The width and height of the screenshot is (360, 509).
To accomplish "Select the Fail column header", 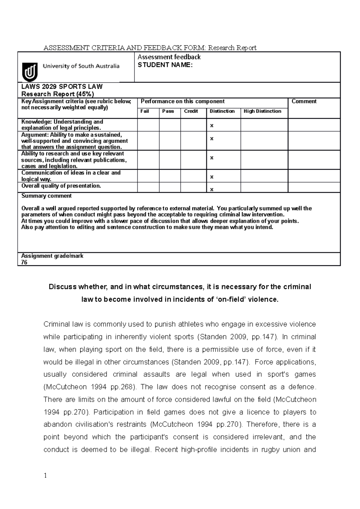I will pos(145,111).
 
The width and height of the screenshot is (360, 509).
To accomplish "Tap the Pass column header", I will pos(168,111).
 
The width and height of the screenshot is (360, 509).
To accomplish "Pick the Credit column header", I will pos(191,111).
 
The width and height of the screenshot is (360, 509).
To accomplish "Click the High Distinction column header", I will pos(262,111).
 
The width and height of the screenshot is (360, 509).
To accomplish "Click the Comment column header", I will pos(304,101).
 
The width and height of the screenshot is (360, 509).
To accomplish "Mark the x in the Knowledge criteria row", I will pos(212,126).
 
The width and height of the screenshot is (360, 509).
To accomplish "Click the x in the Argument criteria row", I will pos(212,138).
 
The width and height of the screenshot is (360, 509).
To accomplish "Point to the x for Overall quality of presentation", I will pos(212,189).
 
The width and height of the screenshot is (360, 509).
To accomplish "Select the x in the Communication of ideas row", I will pos(212,177).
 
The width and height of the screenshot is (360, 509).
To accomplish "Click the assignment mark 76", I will pos(24,262).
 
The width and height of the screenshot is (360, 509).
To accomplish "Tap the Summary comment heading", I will pos(46,196).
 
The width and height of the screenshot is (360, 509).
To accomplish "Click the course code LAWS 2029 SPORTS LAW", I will pos(62,87).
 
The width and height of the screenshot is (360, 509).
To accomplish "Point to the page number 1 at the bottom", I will pos(45,476).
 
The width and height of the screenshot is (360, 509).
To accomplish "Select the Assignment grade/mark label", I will pos(52,256).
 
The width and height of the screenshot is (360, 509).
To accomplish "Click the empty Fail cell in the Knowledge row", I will pos(148,125).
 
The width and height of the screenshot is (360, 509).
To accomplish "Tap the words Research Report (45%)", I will pos(58,94).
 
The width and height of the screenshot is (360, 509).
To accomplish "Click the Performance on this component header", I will pos(183,101).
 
